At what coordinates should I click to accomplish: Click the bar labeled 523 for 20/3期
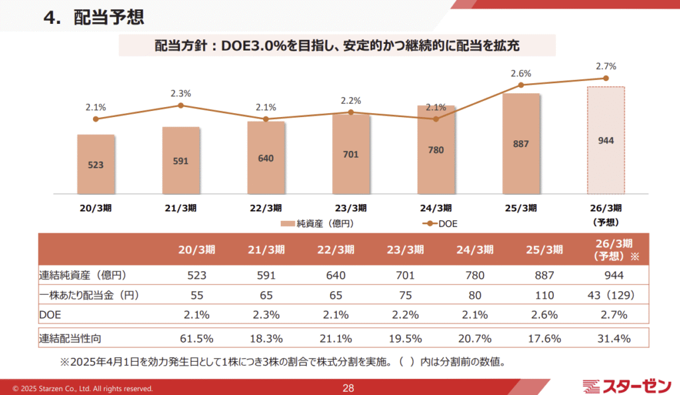click(96, 164)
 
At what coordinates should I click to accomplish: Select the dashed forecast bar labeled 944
click(606, 140)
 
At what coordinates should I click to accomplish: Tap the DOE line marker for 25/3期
click(521, 85)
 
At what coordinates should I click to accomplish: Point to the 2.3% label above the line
click(181, 94)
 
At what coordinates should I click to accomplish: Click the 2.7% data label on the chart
click(606, 66)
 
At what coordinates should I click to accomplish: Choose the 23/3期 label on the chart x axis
click(351, 207)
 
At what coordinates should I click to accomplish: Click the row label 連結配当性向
click(70, 338)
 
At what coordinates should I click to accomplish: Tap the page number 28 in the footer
click(349, 388)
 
